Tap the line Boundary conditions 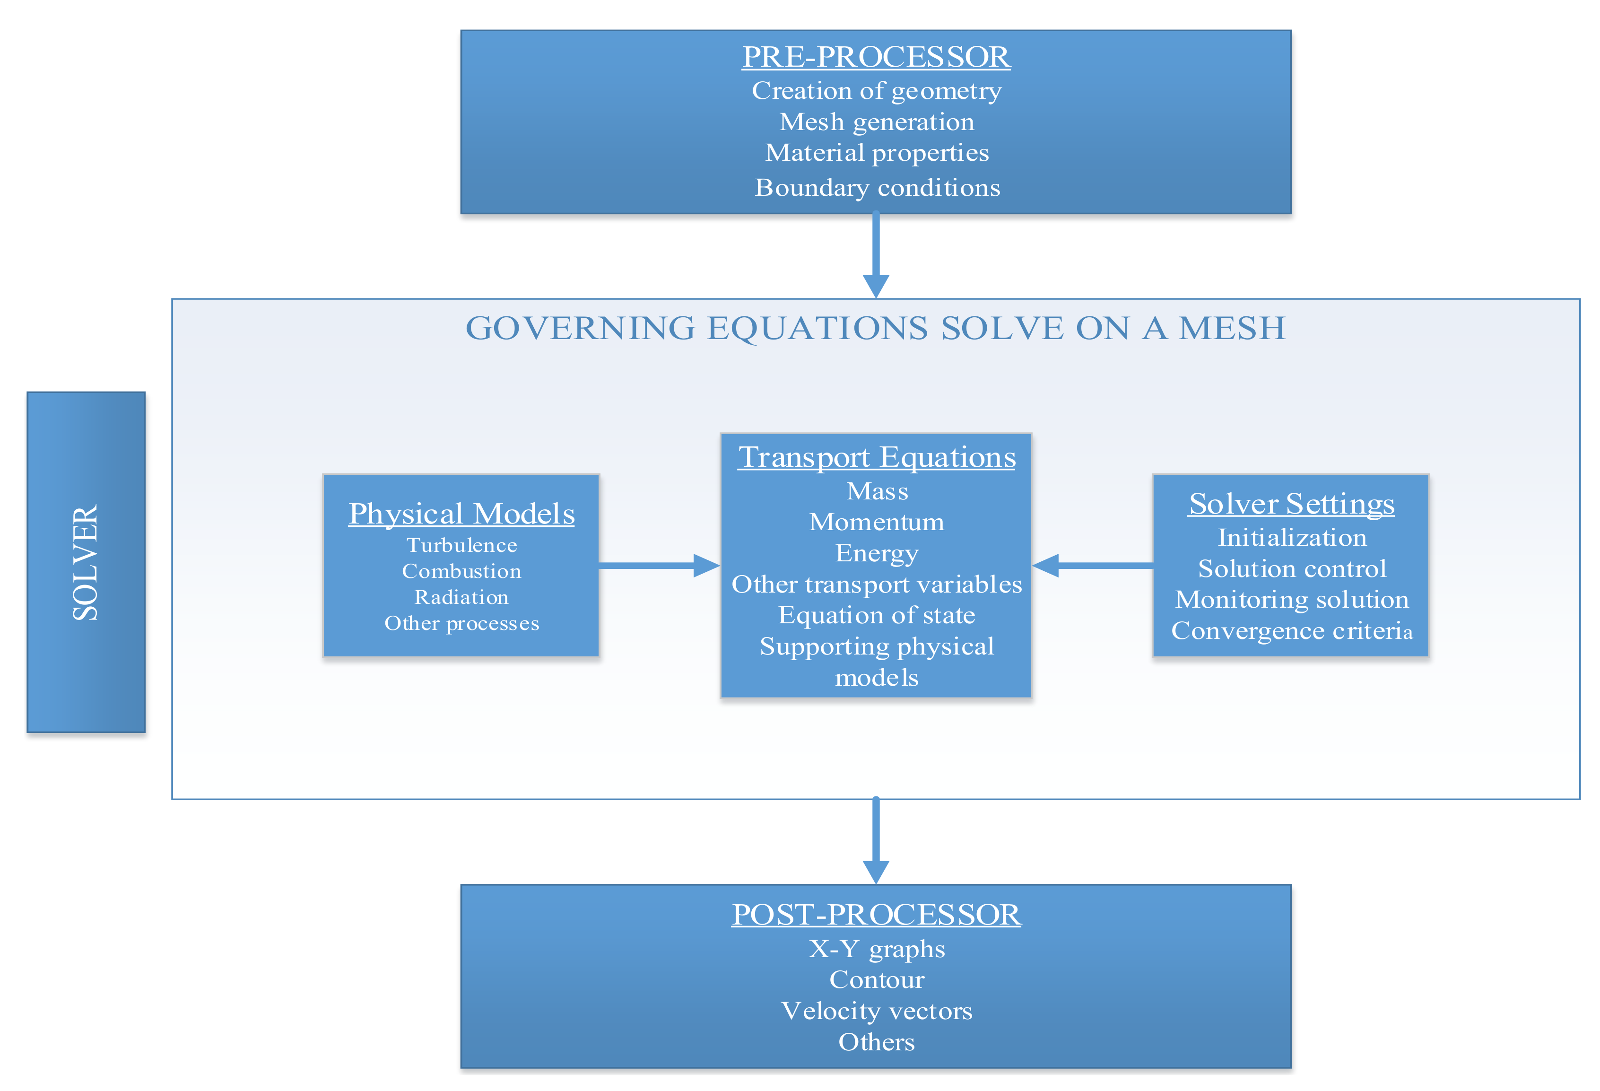[877, 187]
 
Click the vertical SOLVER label [86, 562]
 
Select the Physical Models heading [461, 514]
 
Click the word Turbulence [461, 546]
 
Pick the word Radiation [461, 597]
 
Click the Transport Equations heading [877, 457]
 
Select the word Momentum [877, 522]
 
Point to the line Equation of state [877, 615]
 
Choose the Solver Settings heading [1292, 504]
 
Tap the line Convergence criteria [1292, 630]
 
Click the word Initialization [1292, 537]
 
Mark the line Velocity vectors [877, 1011]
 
